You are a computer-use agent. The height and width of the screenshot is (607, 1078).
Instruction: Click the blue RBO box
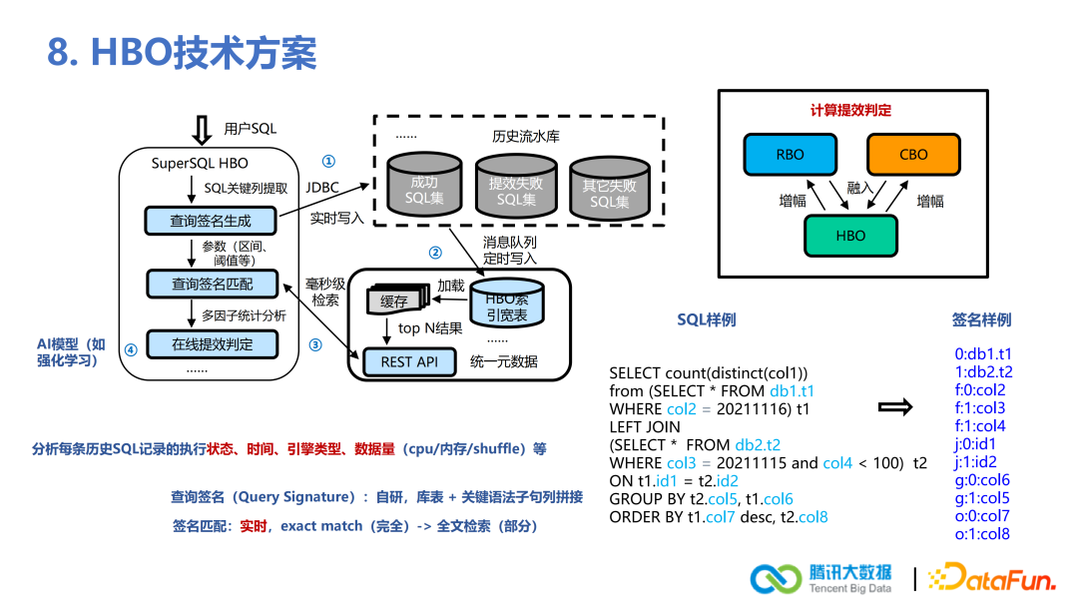pos(790,155)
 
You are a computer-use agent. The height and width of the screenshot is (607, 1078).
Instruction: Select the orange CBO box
pos(913,155)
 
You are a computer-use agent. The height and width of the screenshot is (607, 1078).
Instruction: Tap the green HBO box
pos(850,236)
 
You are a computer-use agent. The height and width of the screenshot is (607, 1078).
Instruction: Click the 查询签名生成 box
pos(211,221)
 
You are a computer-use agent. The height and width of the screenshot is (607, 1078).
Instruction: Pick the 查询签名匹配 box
pos(213,284)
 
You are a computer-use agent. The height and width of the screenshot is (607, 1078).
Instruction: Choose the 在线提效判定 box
pos(213,344)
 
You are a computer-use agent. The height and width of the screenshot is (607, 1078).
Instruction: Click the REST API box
pos(409,362)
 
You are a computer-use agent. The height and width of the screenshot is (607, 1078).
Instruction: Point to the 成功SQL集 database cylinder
pos(424,185)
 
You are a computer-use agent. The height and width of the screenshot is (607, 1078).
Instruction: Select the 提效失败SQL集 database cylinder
pos(516,187)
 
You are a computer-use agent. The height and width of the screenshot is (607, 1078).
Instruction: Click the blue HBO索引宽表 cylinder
pos(507,303)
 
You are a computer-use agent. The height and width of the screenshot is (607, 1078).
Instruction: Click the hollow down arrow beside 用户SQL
pos(202,130)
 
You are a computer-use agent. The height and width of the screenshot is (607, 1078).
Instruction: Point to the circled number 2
pos(435,253)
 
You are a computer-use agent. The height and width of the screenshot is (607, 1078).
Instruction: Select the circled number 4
pos(131,349)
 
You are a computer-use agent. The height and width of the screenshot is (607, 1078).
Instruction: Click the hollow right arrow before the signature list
pos(895,407)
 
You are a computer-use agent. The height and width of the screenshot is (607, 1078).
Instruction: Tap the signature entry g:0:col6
pos(982,480)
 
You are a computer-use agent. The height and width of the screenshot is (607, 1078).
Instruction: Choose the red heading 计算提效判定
pos(850,110)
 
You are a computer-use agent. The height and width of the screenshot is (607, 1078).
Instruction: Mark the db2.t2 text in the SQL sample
pos(758,444)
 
